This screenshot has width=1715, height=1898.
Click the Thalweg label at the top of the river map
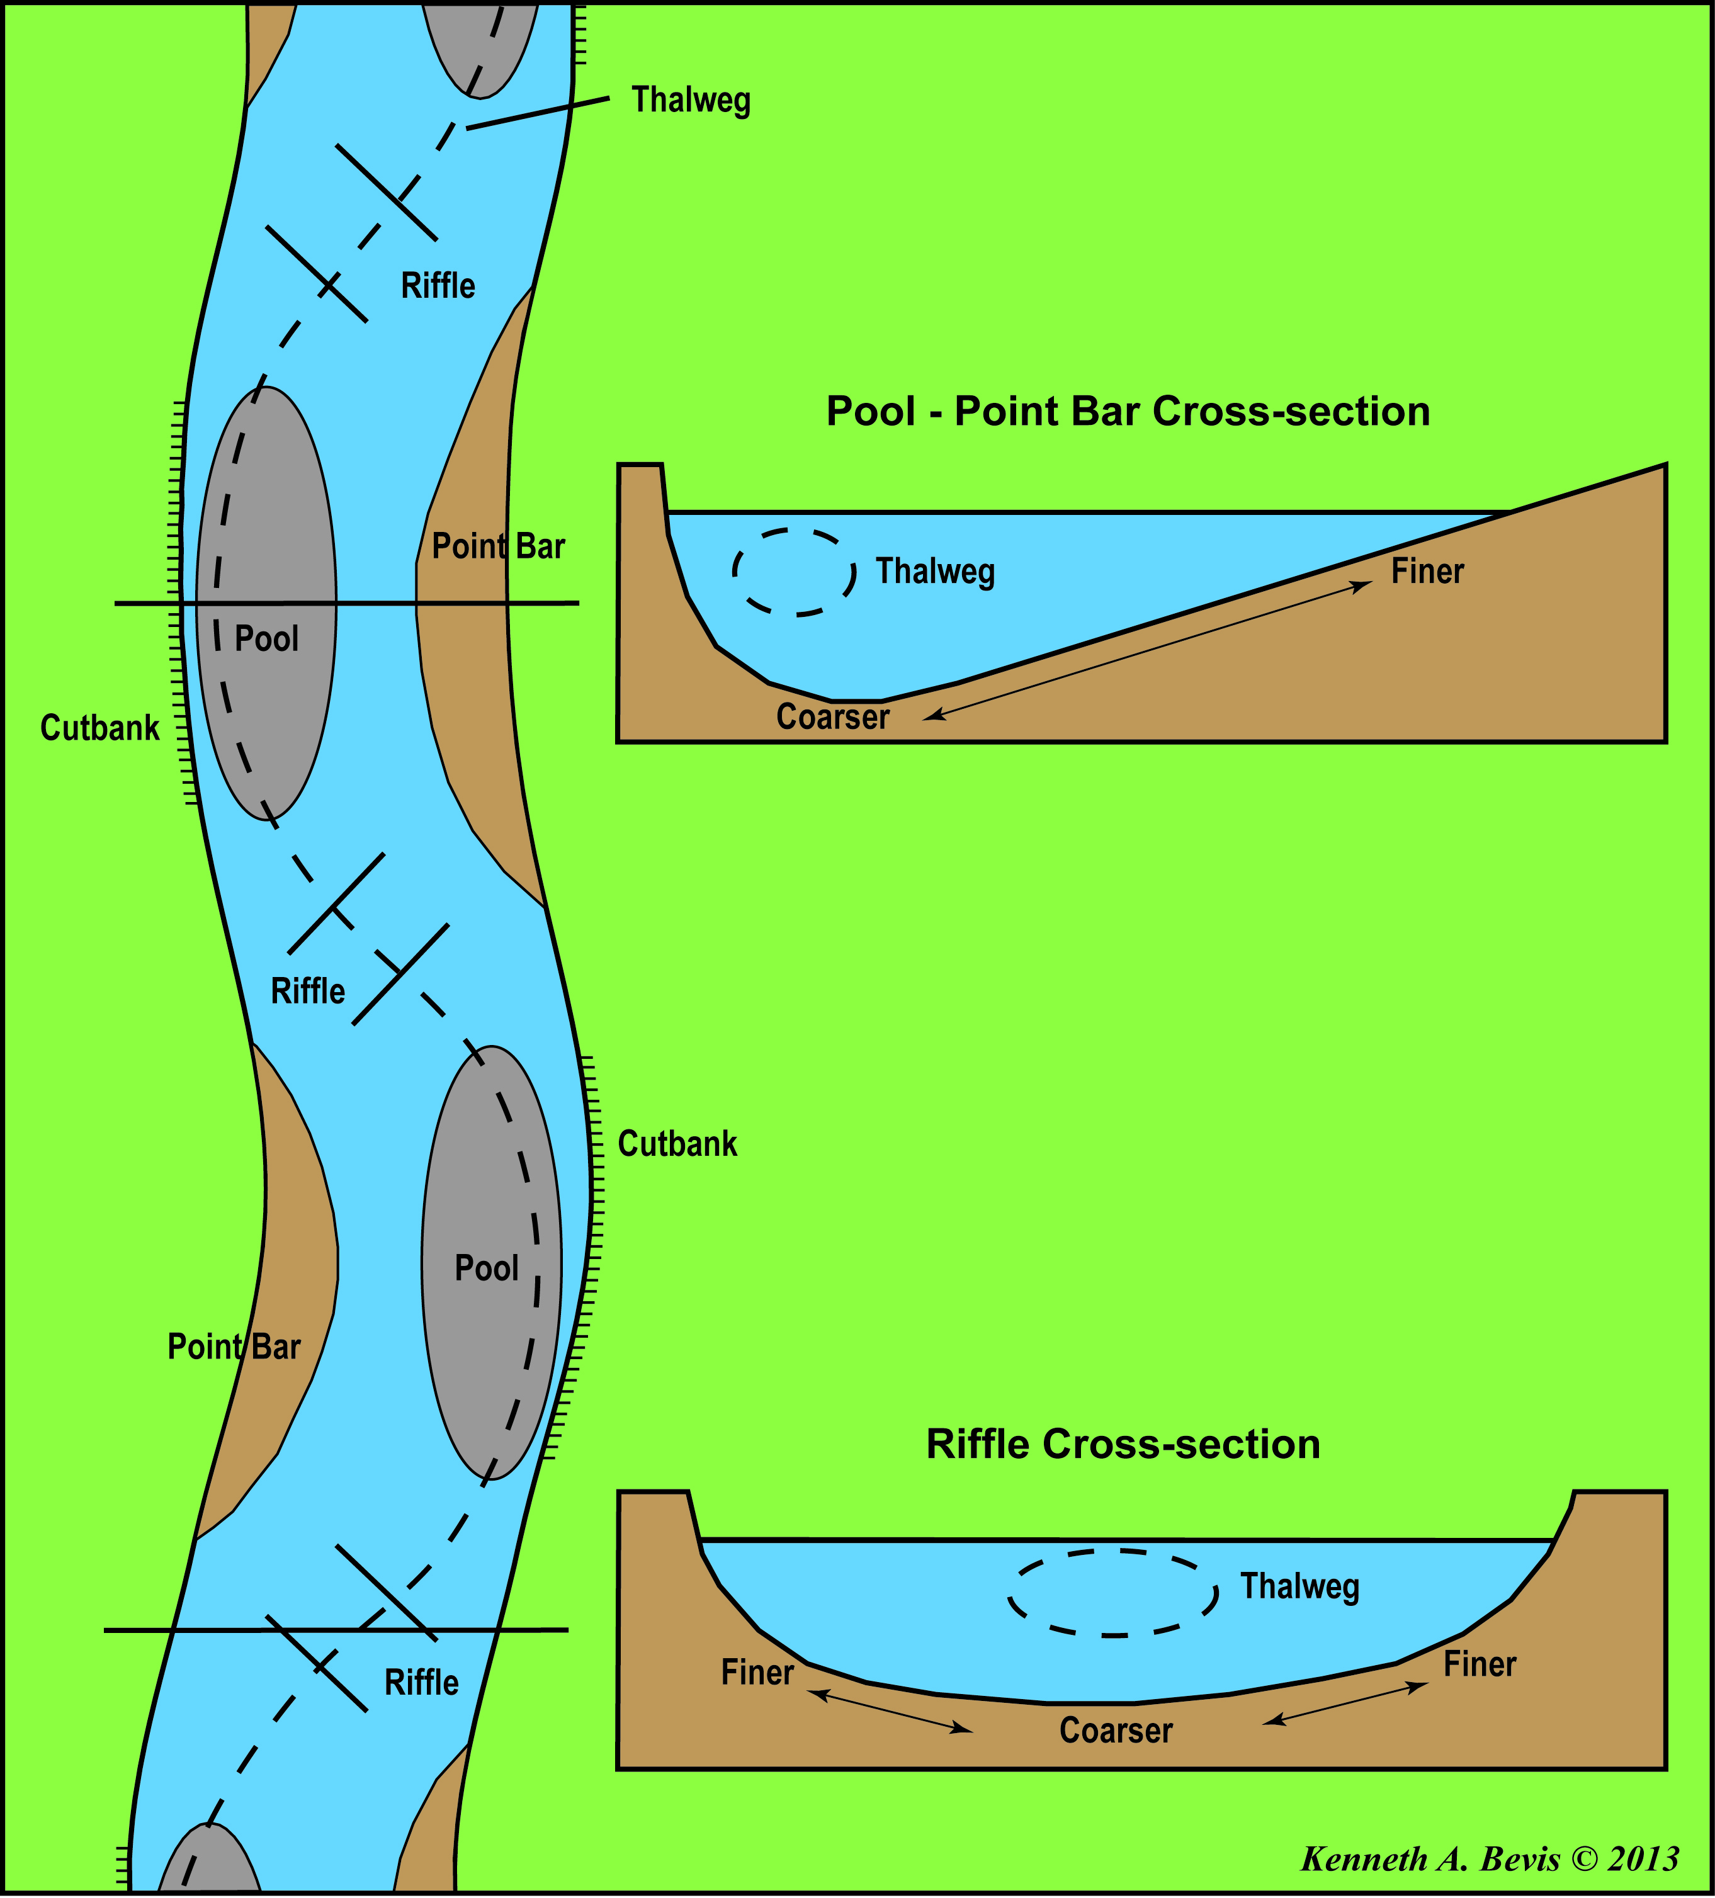(690, 100)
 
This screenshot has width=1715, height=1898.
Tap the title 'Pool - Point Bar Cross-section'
(1128, 412)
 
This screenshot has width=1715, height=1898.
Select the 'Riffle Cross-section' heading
(1123, 1443)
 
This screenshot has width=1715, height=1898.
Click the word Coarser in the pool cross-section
(832, 718)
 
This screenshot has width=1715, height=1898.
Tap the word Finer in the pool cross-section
(1427, 572)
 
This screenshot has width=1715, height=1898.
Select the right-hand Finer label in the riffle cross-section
(1480, 1664)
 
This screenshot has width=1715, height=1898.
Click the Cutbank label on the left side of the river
(100, 728)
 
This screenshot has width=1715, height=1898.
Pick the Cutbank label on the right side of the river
(677, 1144)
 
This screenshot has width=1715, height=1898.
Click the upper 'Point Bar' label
(498, 546)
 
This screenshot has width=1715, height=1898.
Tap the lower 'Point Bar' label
(234, 1347)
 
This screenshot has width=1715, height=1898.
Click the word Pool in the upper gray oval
(266, 638)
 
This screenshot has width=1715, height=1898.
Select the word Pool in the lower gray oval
(486, 1268)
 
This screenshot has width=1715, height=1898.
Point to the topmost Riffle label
(438, 285)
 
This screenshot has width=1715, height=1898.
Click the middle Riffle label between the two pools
(308, 991)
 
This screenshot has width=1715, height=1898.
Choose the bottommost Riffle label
(421, 1683)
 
